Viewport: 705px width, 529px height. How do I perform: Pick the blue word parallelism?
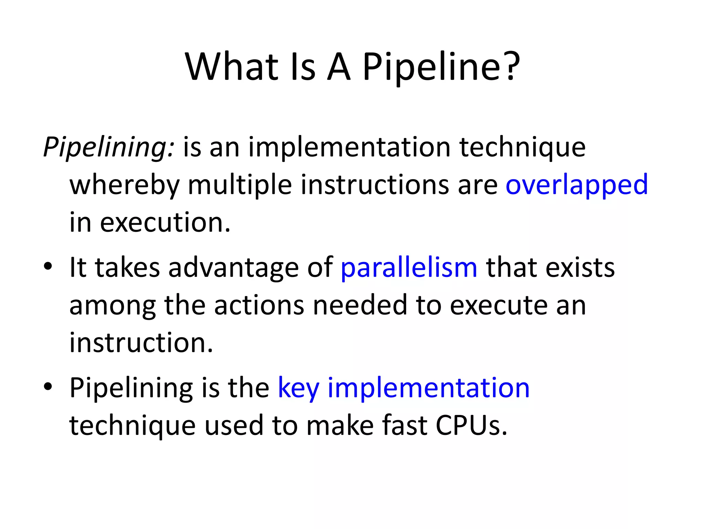pos(409,268)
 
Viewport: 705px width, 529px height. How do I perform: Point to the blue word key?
pos(298,388)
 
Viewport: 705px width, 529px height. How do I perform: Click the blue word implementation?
pos(429,388)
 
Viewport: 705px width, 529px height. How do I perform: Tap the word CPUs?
pos(471,425)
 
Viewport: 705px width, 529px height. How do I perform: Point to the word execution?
pos(165,222)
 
